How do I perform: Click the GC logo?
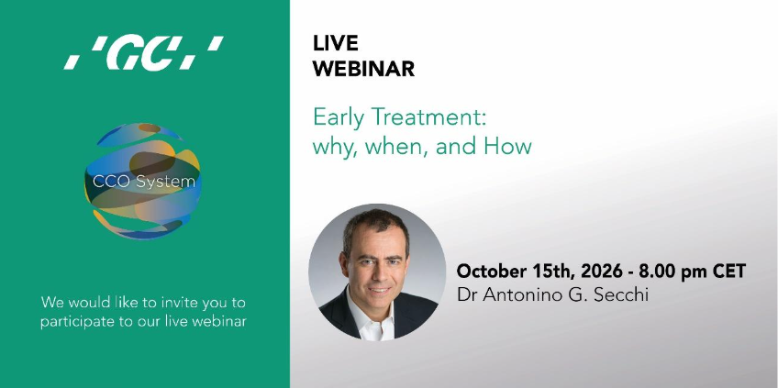click(x=144, y=52)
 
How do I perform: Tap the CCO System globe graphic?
click(x=143, y=181)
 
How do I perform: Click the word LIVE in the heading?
click(x=336, y=43)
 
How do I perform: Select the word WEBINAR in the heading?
click(x=363, y=69)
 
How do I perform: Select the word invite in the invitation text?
click(x=173, y=302)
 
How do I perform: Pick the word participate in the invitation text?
click(x=74, y=322)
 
